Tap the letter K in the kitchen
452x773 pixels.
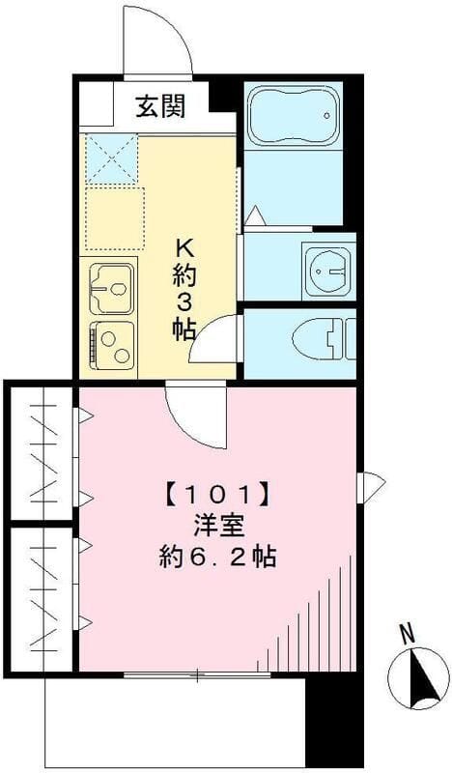(x=184, y=244)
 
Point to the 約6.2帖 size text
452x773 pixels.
(x=216, y=558)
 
